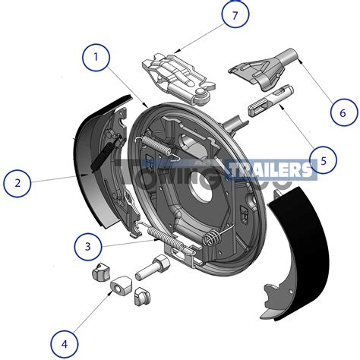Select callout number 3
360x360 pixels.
point(88,247)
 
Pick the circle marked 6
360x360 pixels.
point(343,113)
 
